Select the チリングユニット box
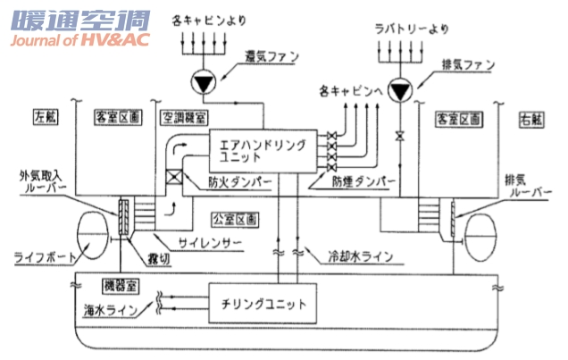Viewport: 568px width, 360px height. tap(262, 304)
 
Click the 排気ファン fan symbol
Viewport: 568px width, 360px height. tap(404, 91)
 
